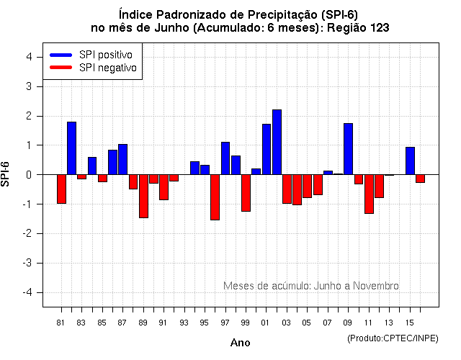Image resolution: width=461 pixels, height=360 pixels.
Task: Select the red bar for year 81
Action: coord(61,189)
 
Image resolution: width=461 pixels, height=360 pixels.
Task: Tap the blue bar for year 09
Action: coord(348,149)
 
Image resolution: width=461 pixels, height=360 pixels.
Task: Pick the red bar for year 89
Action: coord(143,196)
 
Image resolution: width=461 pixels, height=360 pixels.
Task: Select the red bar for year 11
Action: coord(369,194)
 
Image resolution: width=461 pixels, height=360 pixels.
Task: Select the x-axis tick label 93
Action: coord(184,322)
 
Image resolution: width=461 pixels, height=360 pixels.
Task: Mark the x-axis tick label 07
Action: coord(328,322)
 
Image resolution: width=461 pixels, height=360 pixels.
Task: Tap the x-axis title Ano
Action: coord(240,343)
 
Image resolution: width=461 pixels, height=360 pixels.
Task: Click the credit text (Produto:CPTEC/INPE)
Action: coord(393,338)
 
